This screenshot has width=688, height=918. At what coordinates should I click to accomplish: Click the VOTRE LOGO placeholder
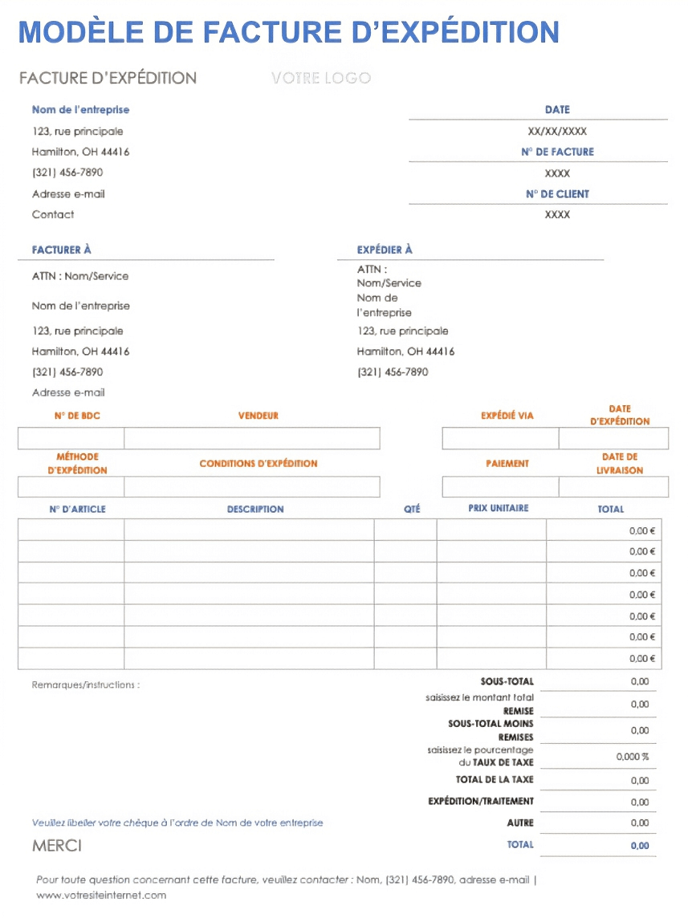(x=321, y=78)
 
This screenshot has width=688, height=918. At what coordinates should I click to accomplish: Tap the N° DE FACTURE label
(x=557, y=152)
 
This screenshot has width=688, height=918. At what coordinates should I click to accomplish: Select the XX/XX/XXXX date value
(x=557, y=131)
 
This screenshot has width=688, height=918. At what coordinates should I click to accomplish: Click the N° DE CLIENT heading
(x=557, y=193)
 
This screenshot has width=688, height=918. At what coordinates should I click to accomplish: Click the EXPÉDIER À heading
(x=385, y=250)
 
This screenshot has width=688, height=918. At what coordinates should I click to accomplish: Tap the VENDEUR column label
(x=259, y=416)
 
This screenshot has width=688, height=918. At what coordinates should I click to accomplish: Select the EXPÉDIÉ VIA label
(x=507, y=416)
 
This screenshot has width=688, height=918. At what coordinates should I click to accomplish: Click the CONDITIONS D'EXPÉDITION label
(x=259, y=463)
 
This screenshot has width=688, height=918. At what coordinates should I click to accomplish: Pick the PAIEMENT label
(x=507, y=463)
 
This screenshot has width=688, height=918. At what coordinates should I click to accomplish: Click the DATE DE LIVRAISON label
(x=620, y=463)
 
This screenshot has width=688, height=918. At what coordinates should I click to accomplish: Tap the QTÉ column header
(x=412, y=509)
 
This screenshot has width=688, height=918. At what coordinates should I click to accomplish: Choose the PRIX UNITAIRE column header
(x=499, y=508)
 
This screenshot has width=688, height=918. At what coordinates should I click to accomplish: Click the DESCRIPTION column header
(x=255, y=509)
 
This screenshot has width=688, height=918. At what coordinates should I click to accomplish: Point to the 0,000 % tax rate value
(x=633, y=757)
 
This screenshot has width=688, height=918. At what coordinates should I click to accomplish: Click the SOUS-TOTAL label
(x=507, y=681)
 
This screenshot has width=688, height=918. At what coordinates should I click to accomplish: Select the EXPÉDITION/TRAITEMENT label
(x=481, y=801)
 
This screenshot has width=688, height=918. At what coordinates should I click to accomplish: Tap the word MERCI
(x=57, y=846)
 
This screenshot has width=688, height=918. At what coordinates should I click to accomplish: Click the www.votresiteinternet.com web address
(x=101, y=895)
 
